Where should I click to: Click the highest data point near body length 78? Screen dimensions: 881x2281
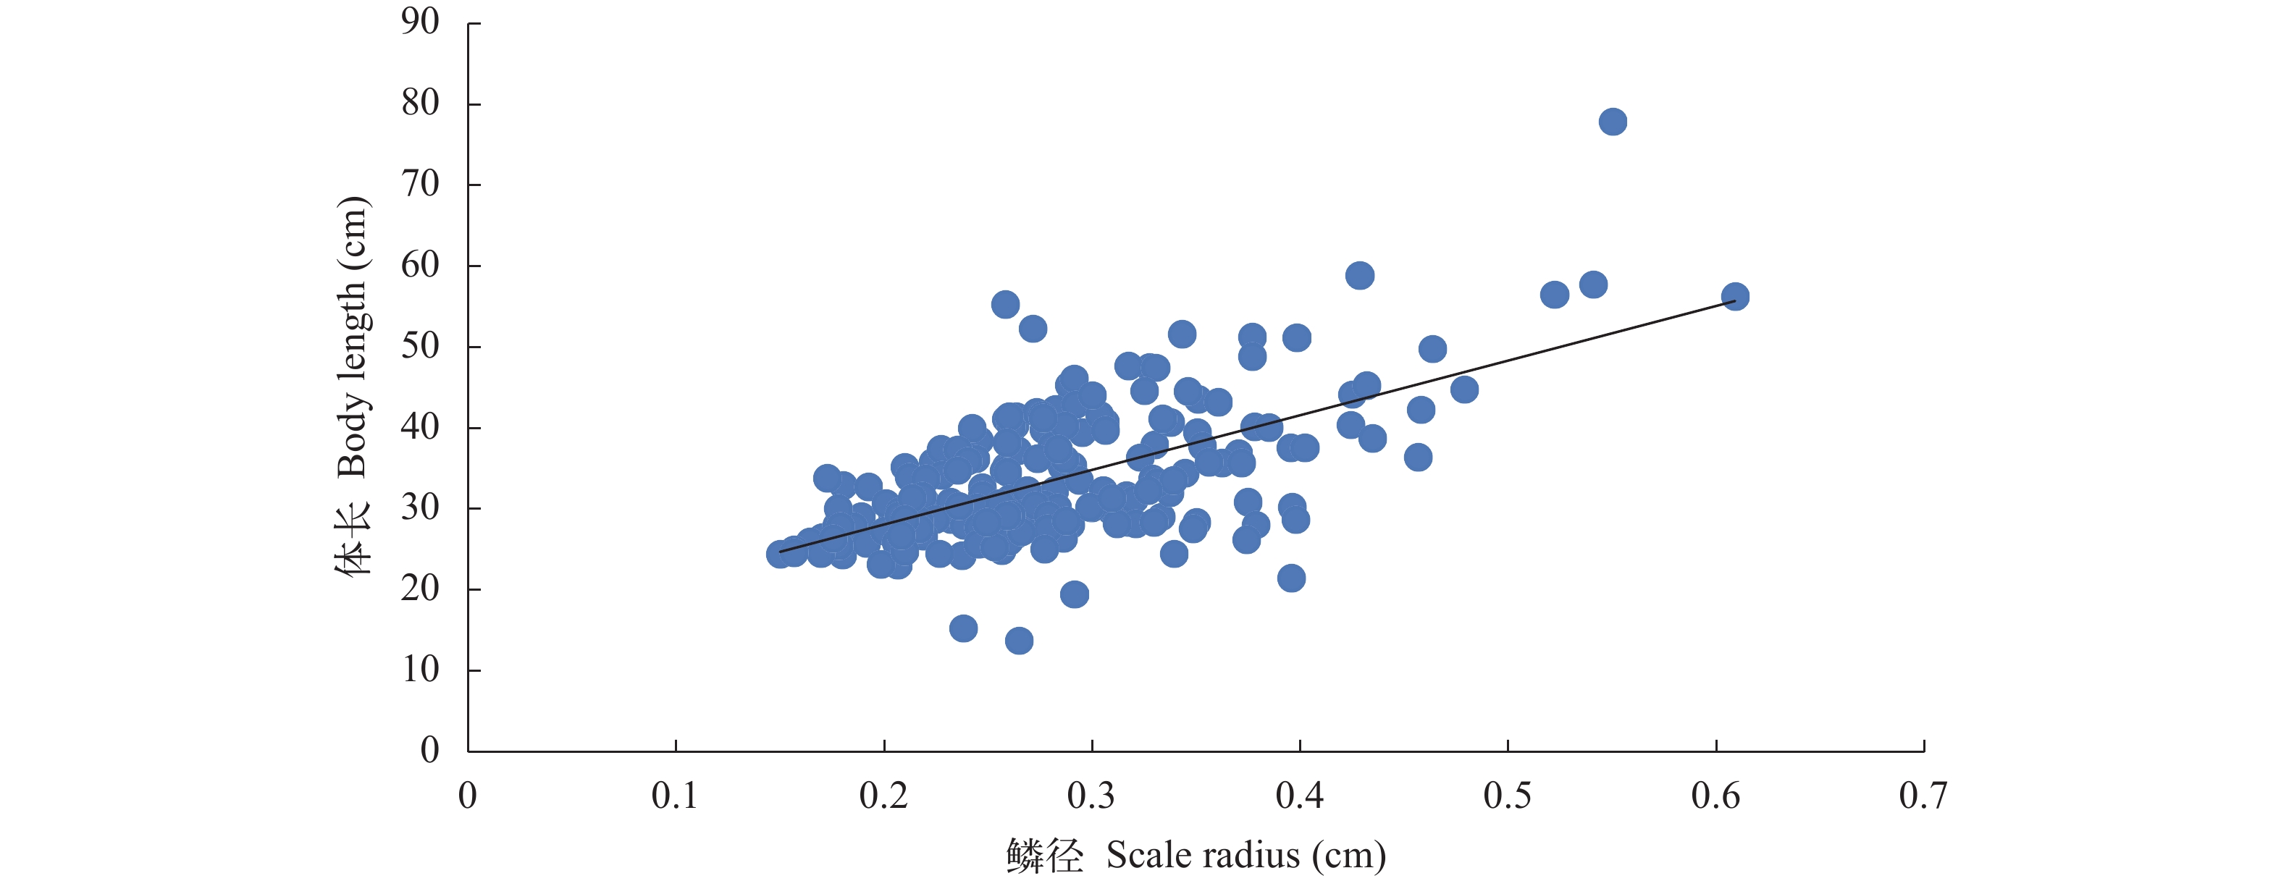tap(1613, 122)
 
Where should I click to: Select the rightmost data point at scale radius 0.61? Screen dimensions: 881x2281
tap(1735, 297)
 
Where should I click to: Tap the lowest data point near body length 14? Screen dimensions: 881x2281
tap(1018, 640)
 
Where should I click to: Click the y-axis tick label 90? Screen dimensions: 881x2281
tap(420, 22)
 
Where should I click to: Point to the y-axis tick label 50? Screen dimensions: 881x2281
tap(420, 346)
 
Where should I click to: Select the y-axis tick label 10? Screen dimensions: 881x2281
tap(420, 670)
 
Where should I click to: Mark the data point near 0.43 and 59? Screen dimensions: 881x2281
tap(1359, 275)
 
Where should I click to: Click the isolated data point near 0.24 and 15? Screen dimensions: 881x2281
tap(962, 628)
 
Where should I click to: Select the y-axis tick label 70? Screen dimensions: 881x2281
tap(420, 184)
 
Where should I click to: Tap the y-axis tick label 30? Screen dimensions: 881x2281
tap(420, 508)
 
